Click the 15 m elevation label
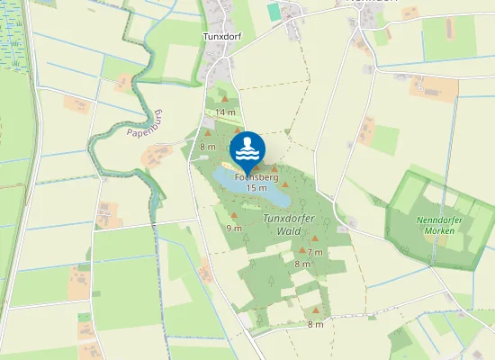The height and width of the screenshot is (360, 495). pos(256,189)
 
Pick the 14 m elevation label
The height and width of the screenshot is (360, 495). pos(225,112)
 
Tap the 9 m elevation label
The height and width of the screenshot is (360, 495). pos(235,229)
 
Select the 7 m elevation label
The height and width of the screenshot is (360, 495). pos(315,252)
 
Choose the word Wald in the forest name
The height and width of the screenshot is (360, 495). pos(288,231)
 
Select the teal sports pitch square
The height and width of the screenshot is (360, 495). pos(274,12)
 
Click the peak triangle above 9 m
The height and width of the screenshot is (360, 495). pos(235,216)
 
